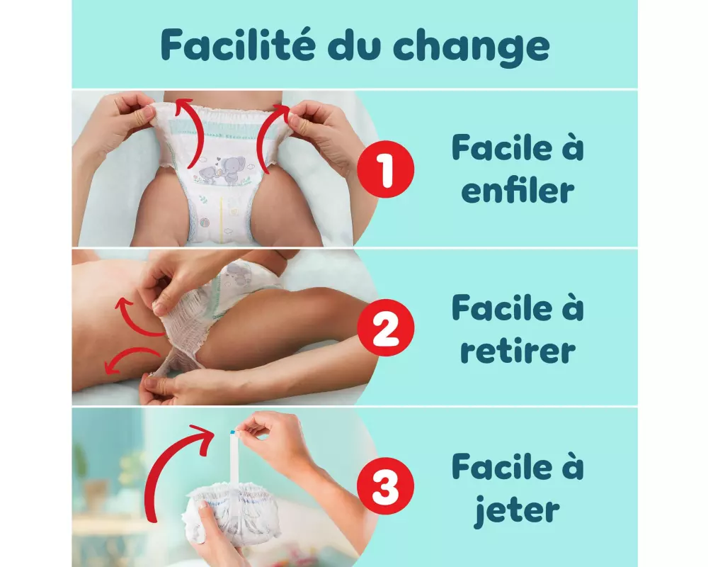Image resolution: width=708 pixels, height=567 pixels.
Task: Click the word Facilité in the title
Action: (237, 45)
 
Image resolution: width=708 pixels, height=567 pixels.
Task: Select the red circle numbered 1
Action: (385, 169)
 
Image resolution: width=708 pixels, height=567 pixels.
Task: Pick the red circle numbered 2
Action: (385, 327)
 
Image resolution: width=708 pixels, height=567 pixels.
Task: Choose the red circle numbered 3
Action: (385, 485)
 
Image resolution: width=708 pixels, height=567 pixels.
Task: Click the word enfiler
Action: (518, 190)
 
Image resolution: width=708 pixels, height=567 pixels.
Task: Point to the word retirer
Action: (518, 350)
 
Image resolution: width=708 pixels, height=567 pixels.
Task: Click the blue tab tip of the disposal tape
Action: (232, 432)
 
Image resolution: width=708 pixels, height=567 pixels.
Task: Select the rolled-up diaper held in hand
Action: (232, 513)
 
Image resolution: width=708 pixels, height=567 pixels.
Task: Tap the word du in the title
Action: (353, 45)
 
